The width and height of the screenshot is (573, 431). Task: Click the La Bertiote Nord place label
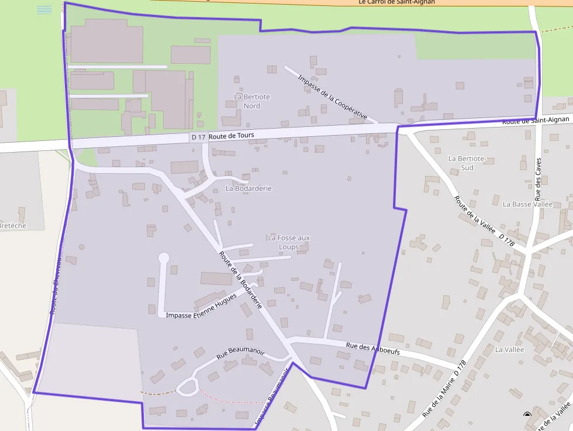(251, 101)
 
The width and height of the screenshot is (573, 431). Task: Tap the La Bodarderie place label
(248, 189)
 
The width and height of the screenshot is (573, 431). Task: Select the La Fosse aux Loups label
(288, 242)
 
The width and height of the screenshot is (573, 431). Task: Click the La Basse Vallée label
(527, 204)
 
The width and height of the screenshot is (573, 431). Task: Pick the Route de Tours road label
(232, 136)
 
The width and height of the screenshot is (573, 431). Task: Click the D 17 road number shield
(198, 137)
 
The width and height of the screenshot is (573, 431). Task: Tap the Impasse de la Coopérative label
(332, 97)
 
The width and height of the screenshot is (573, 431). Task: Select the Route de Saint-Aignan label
(536, 120)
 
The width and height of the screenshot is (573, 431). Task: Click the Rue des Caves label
(539, 179)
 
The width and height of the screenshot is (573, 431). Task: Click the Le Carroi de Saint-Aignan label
(396, 2)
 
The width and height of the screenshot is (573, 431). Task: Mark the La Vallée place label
(509, 350)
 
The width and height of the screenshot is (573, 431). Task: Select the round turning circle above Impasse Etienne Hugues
(164, 257)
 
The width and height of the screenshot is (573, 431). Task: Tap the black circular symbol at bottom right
(527, 415)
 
